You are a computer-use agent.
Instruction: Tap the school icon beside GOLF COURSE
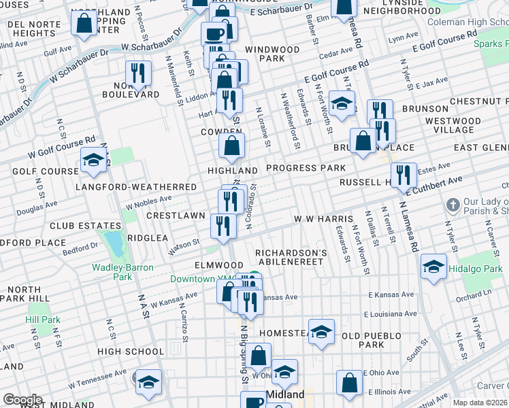coord(93,160)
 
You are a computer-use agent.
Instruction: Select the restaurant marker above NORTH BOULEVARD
coord(138,73)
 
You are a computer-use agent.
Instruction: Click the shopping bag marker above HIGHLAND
coord(232,145)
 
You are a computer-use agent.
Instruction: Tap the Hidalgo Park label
coord(480,269)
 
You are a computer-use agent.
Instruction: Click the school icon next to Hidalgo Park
coord(433,267)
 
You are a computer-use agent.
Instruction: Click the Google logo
coord(22,400)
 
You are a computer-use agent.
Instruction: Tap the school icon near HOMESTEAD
coord(321,332)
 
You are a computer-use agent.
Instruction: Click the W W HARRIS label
coord(323,219)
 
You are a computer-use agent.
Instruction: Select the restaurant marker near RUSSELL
coord(406,175)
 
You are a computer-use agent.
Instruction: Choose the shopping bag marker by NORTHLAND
coord(84,23)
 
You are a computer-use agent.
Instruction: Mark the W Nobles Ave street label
coord(149,201)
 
